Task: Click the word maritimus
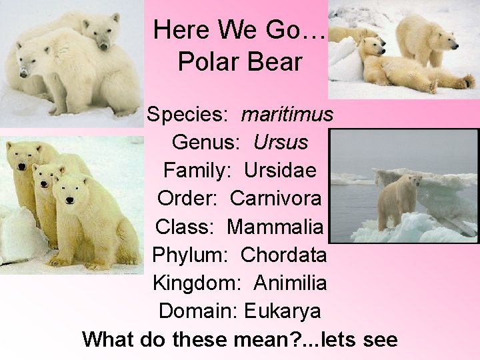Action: (287, 115)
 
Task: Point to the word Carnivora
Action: (277, 198)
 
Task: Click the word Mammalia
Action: (275, 226)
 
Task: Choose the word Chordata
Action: (283, 255)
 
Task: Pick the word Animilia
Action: (290, 283)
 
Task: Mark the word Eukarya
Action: (283, 311)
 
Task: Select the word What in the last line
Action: (109, 339)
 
